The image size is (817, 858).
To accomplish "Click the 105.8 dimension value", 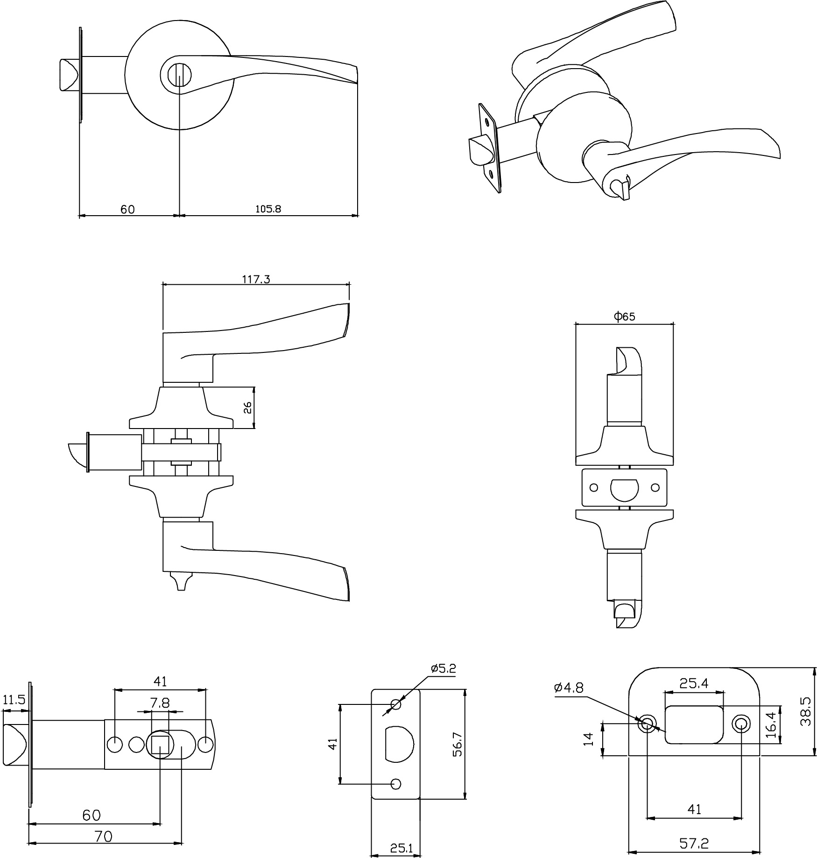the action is tap(268, 209).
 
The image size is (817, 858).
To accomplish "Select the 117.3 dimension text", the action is tap(256, 280).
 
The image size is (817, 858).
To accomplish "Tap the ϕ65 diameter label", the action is tap(624, 316).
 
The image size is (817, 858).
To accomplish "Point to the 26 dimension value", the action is tap(247, 408).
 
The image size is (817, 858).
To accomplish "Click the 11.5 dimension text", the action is tap(14, 700).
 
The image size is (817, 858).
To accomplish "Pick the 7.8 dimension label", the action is tap(160, 703).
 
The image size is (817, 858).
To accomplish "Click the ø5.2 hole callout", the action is tap(443, 668).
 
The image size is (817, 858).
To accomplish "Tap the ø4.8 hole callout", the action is tap(568, 688).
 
